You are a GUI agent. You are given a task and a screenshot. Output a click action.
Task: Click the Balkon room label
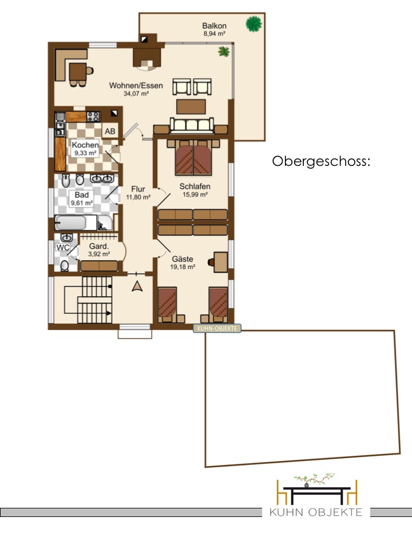tap(214, 26)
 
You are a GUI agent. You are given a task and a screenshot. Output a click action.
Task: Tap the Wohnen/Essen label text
tap(136, 85)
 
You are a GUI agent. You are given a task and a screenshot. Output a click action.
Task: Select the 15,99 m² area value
tap(195, 194)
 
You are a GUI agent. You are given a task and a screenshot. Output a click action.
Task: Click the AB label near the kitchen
tap(110, 132)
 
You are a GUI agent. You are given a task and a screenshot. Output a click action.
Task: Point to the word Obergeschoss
tap(321, 161)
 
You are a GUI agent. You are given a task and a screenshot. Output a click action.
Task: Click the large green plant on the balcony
tap(253, 24)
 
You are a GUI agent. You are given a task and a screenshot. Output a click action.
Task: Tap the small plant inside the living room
tap(224, 52)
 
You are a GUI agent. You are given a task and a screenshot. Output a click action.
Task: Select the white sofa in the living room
tap(191, 125)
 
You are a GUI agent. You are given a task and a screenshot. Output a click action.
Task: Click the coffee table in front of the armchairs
tap(191, 107)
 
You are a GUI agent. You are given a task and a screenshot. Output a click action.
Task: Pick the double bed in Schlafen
tap(193, 157)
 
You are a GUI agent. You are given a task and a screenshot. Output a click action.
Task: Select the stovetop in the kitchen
tap(93, 116)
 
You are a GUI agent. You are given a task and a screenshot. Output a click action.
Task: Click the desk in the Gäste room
tap(221, 262)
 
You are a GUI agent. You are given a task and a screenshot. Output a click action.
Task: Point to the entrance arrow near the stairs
tap(137, 287)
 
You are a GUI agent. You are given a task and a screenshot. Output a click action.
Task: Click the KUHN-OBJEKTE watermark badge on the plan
tap(217, 328)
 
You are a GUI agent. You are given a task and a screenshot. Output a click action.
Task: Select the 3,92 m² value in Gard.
tap(99, 254)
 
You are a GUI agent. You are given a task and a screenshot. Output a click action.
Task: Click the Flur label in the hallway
tap(138, 189)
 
